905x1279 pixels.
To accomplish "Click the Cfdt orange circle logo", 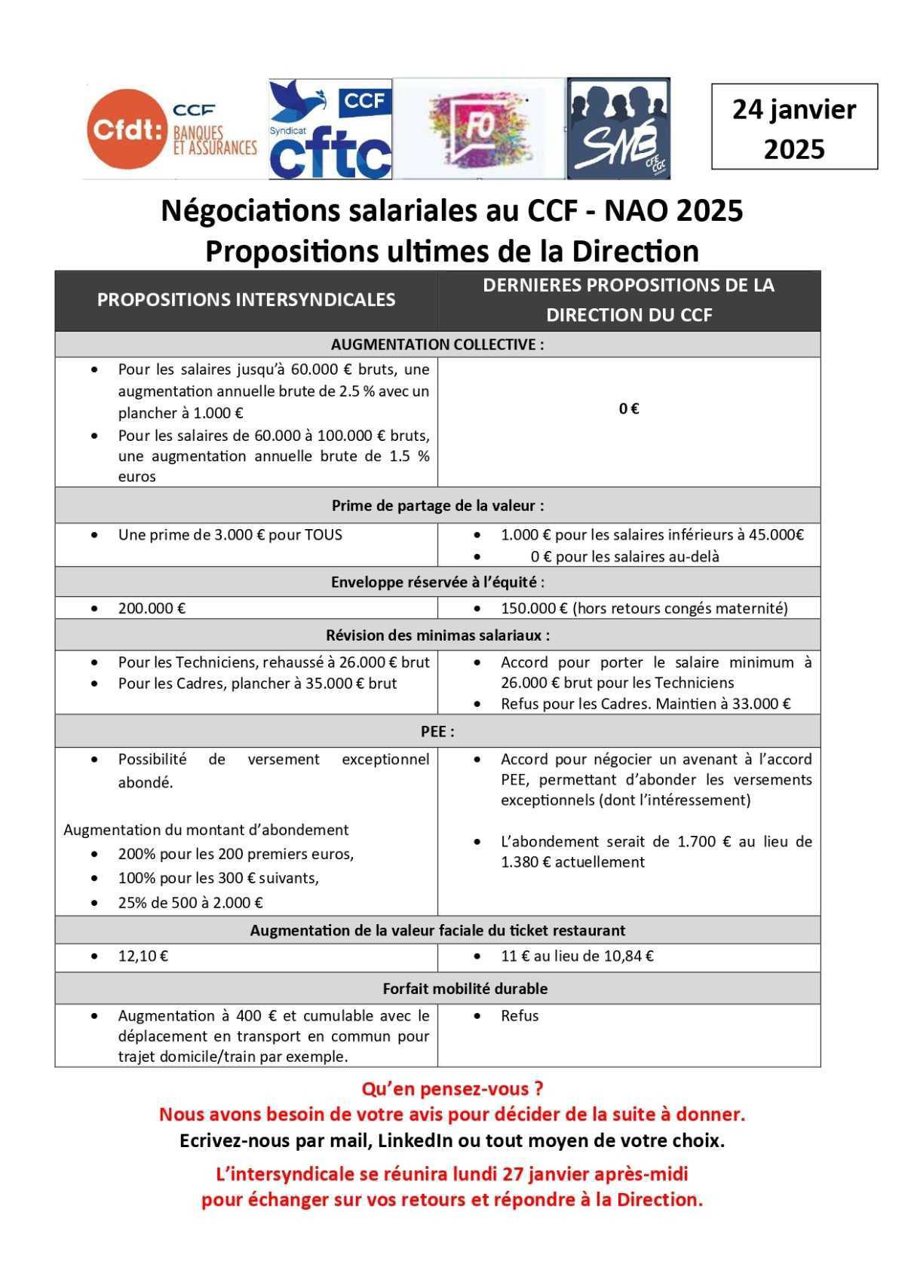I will [126, 129].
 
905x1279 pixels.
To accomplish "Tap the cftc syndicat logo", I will [330, 130].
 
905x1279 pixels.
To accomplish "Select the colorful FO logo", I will [479, 129].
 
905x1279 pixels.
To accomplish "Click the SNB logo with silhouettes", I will [618, 129].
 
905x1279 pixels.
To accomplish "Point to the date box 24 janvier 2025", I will [794, 127].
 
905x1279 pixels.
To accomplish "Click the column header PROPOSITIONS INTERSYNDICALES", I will [246, 300].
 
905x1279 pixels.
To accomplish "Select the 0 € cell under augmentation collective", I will [629, 409].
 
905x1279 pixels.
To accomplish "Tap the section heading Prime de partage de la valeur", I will [437, 506].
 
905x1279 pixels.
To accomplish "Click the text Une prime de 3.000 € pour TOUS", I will [230, 535].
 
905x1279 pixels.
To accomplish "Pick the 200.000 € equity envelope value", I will [152, 608].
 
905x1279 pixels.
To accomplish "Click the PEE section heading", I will [437, 732].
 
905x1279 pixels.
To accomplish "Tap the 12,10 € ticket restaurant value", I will [143, 956].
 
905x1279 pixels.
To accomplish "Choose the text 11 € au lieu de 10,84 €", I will [577, 956].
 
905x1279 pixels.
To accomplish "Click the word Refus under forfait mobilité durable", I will [520, 1016].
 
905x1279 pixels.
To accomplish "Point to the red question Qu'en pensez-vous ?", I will [452, 1089].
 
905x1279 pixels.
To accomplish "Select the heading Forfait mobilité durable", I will [465, 989].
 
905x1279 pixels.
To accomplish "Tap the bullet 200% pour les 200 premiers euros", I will [235, 855].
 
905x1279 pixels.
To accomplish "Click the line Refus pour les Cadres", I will [646, 704].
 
